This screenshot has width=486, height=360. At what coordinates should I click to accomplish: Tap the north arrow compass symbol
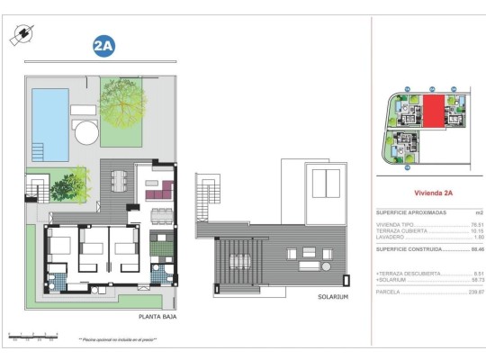click(x=21, y=34)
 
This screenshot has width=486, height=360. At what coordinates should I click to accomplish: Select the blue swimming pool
click(x=49, y=113)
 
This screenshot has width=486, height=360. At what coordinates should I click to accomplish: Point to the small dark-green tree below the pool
click(x=67, y=186)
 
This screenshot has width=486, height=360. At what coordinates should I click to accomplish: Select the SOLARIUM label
click(x=333, y=296)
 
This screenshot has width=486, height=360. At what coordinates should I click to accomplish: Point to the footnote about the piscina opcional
click(x=118, y=340)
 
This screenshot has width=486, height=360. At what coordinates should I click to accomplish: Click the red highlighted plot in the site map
click(x=433, y=112)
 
